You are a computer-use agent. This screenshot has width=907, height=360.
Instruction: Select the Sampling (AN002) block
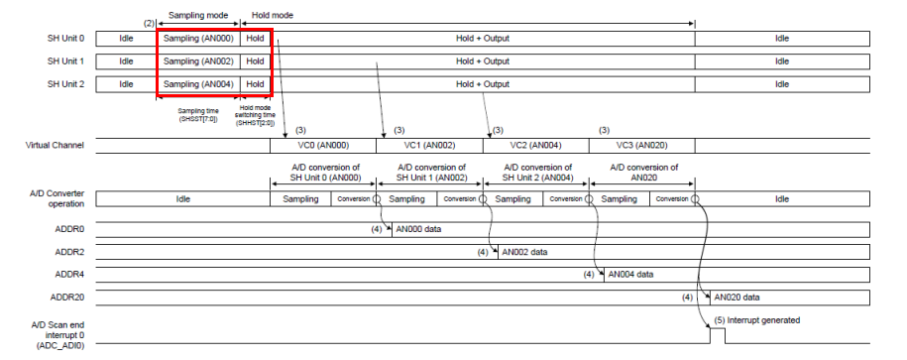(197, 60)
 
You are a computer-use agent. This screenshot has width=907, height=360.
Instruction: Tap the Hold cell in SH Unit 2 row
(256, 84)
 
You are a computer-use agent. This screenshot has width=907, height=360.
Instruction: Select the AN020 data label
(736, 297)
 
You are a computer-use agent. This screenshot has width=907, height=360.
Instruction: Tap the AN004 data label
(630, 274)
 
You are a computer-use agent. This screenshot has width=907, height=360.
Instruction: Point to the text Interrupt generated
(764, 320)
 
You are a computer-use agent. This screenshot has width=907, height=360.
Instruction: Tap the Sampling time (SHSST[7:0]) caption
(197, 115)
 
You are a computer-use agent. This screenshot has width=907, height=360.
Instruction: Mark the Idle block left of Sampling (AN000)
(126, 38)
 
